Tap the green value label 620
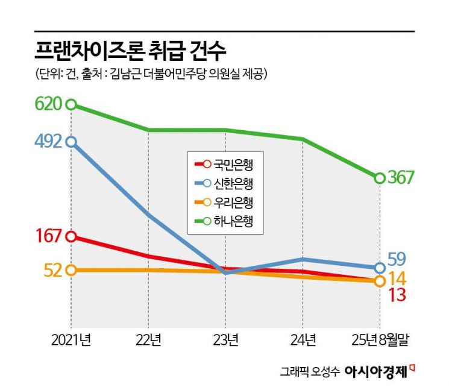point(48,104)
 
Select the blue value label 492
point(48,142)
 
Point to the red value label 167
point(48,236)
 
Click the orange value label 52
point(53,270)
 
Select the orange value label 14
point(397,278)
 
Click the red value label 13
point(396,295)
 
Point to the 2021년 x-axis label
point(71,340)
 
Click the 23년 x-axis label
point(225,340)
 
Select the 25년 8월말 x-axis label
point(380,340)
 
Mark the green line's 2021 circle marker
point(71,104)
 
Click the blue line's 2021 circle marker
point(71,142)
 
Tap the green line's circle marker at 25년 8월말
point(380,178)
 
